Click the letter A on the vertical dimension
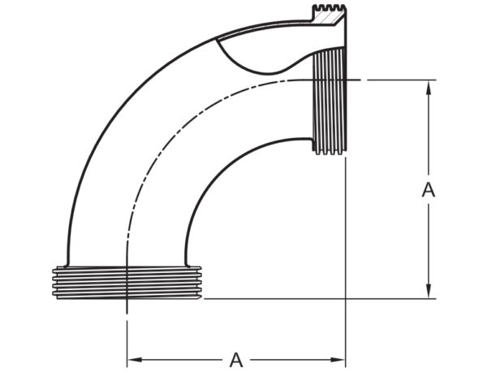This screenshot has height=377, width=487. pyautogui.click(x=429, y=190)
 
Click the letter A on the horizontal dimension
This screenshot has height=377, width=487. pyautogui.click(x=236, y=358)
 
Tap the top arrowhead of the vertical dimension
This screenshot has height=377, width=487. pyautogui.click(x=429, y=84)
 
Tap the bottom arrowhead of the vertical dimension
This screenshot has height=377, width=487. pyautogui.click(x=429, y=294)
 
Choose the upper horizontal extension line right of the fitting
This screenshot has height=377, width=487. pyautogui.click(x=398, y=80)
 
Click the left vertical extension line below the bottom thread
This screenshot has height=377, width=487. pyautogui.click(x=127, y=333)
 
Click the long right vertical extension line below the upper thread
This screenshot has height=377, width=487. pyautogui.click(x=347, y=244)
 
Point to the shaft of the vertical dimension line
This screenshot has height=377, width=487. pyautogui.click(x=429, y=244)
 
